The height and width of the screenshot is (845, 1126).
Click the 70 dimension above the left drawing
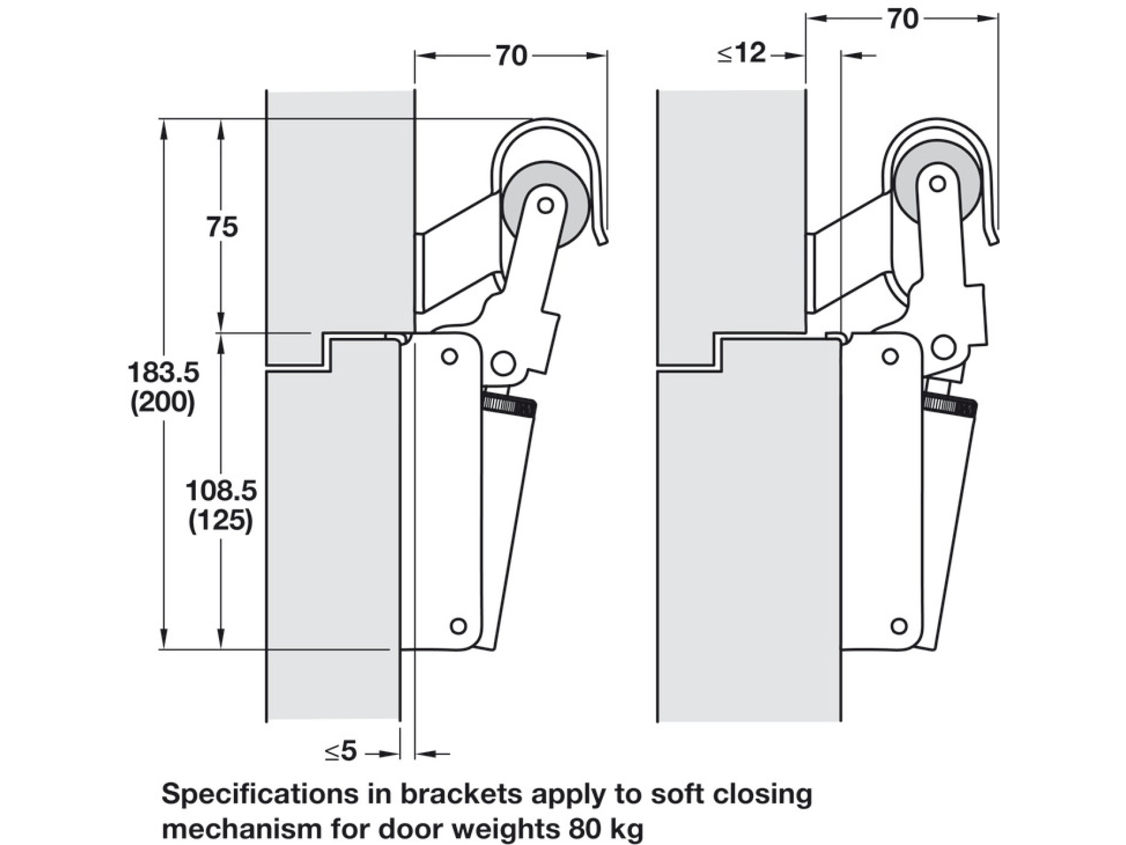pos(511,56)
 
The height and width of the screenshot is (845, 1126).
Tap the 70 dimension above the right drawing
pos(902,19)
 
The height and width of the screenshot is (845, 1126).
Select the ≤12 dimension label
pos(742,54)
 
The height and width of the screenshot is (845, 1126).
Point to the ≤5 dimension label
pos(341,751)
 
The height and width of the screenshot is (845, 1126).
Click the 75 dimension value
pos(222,227)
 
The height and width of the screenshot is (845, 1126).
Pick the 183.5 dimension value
pos(163,373)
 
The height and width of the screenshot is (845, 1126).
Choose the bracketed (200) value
pos(163,402)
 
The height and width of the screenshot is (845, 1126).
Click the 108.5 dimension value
pos(221,491)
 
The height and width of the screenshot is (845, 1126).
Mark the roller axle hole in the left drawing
pos(545,205)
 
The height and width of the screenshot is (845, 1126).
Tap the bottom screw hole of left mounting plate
pos(459,625)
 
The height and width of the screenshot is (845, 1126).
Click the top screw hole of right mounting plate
pos(890,357)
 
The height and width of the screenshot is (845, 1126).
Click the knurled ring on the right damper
pos(950,404)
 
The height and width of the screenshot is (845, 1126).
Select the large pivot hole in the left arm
pos(503,363)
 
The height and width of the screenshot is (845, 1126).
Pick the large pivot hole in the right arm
pos(943,347)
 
